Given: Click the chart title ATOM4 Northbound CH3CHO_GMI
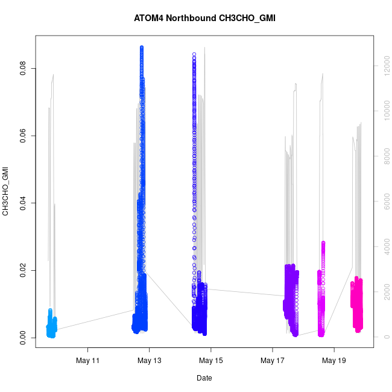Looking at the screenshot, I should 204,18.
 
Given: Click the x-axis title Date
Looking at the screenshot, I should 204,378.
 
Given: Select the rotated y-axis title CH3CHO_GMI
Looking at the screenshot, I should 6,192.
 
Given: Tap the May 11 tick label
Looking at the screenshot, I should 88,361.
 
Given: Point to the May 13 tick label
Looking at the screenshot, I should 150,361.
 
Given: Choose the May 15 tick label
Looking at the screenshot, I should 211,361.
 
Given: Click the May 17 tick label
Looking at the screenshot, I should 273,361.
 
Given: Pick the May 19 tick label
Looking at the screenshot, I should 334,361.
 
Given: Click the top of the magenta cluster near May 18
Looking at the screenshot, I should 323,242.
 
